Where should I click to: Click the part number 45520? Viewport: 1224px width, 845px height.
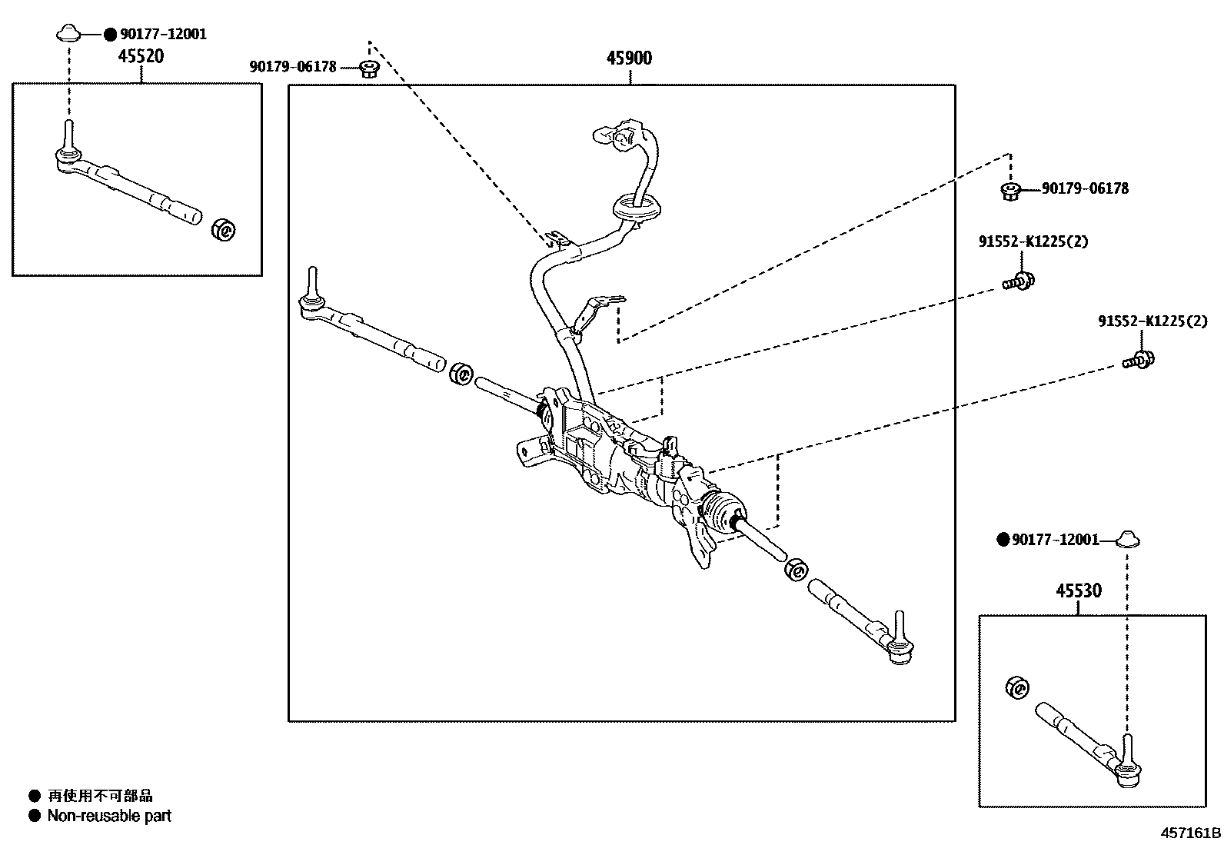point(141,56)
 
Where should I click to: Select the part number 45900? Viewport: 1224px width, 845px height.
point(629,58)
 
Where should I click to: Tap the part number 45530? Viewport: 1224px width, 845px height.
point(1078,591)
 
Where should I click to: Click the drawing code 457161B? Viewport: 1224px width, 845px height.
point(1190,833)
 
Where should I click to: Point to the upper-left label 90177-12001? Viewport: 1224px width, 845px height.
point(162,35)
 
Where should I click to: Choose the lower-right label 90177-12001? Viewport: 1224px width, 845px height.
point(1055,541)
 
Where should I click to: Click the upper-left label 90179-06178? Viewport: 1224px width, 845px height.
point(293,67)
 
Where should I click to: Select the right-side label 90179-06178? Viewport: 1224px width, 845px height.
point(1085,188)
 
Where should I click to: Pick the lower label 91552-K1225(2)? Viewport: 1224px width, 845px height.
point(1152,321)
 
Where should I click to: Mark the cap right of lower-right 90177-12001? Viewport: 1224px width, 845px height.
point(1127,539)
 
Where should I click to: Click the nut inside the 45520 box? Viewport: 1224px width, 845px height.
point(225,229)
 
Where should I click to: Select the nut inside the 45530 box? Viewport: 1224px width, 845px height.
point(1017,687)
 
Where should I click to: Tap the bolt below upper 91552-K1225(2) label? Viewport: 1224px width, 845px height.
point(1019,281)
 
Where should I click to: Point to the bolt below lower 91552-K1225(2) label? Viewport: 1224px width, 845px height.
point(1139,358)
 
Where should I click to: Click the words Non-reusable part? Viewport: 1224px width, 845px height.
point(109,816)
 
